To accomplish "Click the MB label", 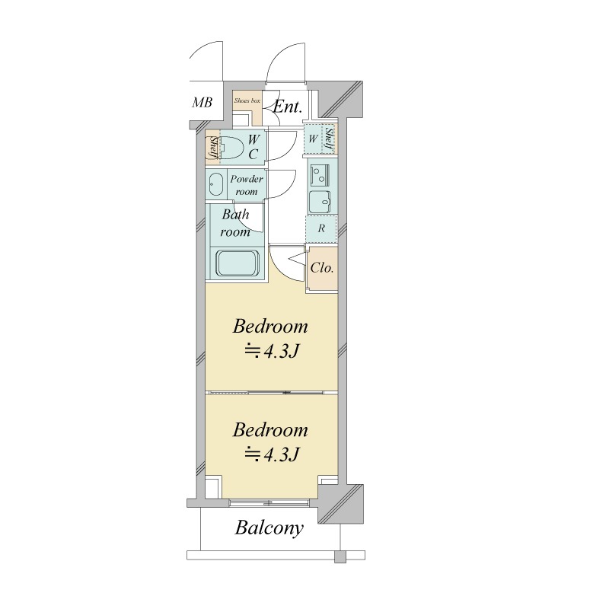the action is (202, 103).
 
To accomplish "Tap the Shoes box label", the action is (247, 100).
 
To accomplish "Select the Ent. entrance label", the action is (288, 107).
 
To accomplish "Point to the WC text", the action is (253, 147).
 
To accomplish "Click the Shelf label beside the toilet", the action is (213, 147).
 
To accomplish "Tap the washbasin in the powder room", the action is (216, 184).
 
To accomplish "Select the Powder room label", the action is (246, 185).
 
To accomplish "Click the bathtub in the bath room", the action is (238, 263).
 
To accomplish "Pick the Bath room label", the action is (235, 223).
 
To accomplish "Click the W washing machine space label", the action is (314, 139).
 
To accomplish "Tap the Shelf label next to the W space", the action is (329, 139).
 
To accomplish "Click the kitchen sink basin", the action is (320, 202).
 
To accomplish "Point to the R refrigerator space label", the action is (321, 228).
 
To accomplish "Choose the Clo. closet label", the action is (322, 268).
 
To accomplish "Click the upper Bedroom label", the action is (270, 327).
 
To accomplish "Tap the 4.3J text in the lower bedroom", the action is (281, 454).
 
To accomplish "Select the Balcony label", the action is (269, 528).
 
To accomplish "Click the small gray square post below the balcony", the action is (340, 557).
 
